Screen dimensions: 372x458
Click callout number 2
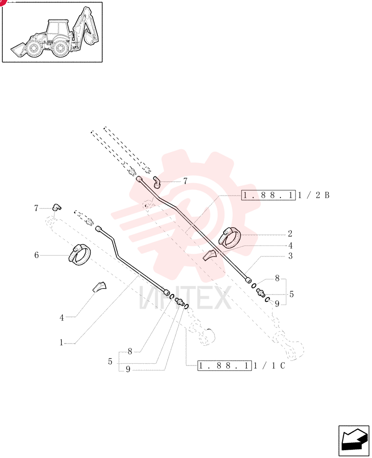pyautogui.click(x=290, y=234)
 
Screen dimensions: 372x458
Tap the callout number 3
pyautogui.click(x=290, y=256)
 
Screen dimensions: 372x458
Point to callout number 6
pyautogui.click(x=37, y=255)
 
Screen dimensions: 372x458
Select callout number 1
pyautogui.click(x=61, y=342)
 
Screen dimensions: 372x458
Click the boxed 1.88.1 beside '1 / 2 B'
pyautogui.click(x=268, y=195)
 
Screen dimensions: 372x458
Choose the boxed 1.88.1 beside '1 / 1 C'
pyautogui.click(x=224, y=365)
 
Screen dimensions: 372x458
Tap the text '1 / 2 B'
pyautogui.click(x=314, y=195)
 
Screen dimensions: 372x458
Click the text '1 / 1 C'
pyautogui.click(x=269, y=365)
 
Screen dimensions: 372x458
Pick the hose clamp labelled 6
pyautogui.click(x=80, y=255)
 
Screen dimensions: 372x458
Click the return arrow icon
pyautogui.click(x=354, y=441)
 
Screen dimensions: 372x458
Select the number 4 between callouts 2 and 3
pyautogui.click(x=290, y=245)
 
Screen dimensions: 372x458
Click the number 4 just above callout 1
pyautogui.click(x=62, y=318)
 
